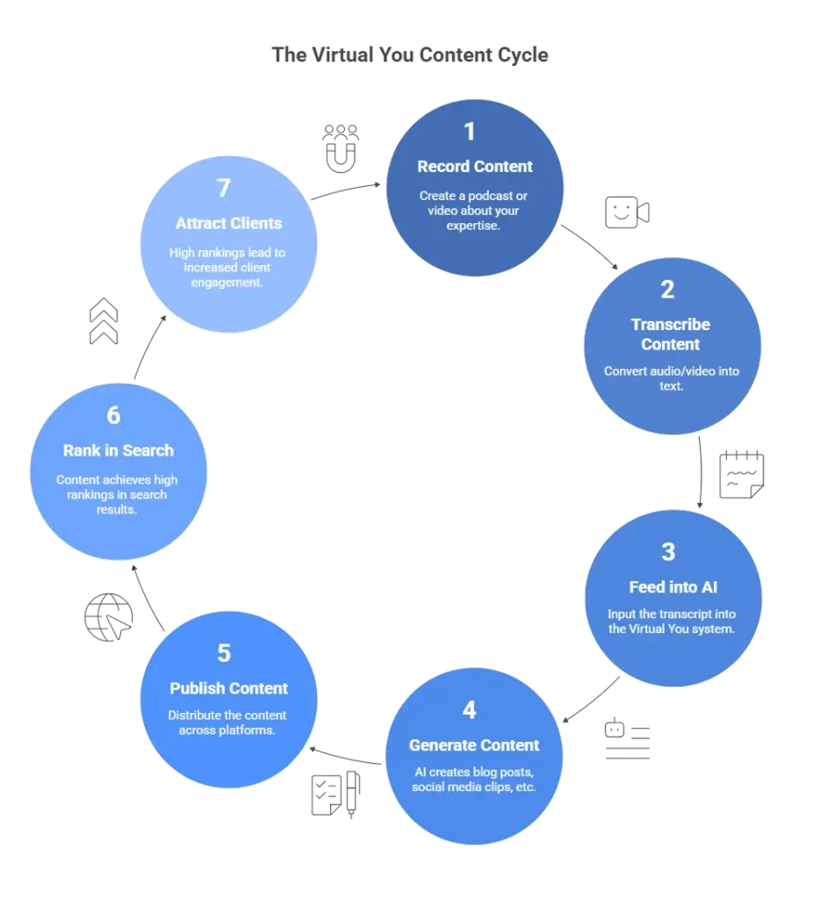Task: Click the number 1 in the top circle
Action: pyautogui.click(x=470, y=132)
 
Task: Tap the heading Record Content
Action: pyautogui.click(x=475, y=166)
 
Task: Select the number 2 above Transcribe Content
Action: pyautogui.click(x=668, y=290)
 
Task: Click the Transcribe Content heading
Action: pyautogui.click(x=671, y=334)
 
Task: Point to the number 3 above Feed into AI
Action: pyautogui.click(x=669, y=551)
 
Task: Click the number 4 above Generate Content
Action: pyautogui.click(x=470, y=709)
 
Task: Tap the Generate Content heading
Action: pyautogui.click(x=474, y=745)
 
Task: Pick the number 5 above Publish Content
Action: pyautogui.click(x=224, y=653)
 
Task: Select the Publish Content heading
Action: pyautogui.click(x=229, y=688)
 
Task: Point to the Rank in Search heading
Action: pyautogui.click(x=119, y=450)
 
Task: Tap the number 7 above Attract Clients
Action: pyautogui.click(x=224, y=187)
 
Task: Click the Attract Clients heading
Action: pyautogui.click(x=228, y=223)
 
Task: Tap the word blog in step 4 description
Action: pyautogui.click(x=491, y=772)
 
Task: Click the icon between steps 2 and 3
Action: pyautogui.click(x=739, y=477)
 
